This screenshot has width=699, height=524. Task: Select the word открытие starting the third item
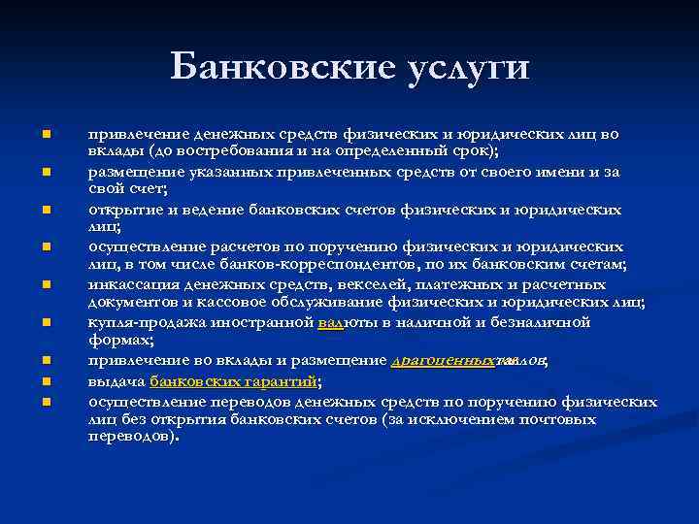[x=123, y=210]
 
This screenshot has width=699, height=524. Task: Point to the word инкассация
[x=132, y=285]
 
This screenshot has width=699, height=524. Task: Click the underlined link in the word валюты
[x=330, y=323]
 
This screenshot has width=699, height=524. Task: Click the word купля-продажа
[x=143, y=323]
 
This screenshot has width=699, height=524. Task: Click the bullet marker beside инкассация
[x=45, y=286]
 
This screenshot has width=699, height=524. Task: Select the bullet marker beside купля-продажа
[x=45, y=322]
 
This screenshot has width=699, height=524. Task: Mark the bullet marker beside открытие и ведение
[x=45, y=210]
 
